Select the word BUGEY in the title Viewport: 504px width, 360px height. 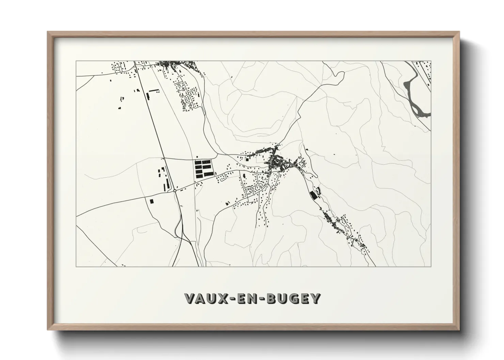tap(294, 298)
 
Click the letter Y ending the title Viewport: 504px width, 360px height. tap(316, 298)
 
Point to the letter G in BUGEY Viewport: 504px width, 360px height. tap(294, 298)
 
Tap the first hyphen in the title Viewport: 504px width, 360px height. tap(238, 299)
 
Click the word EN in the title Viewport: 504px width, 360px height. tap(252, 298)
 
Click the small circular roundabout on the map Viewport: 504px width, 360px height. tap(175, 191)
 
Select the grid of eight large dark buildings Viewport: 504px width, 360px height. tap(203, 168)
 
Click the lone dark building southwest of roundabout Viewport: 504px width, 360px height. tap(152, 201)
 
